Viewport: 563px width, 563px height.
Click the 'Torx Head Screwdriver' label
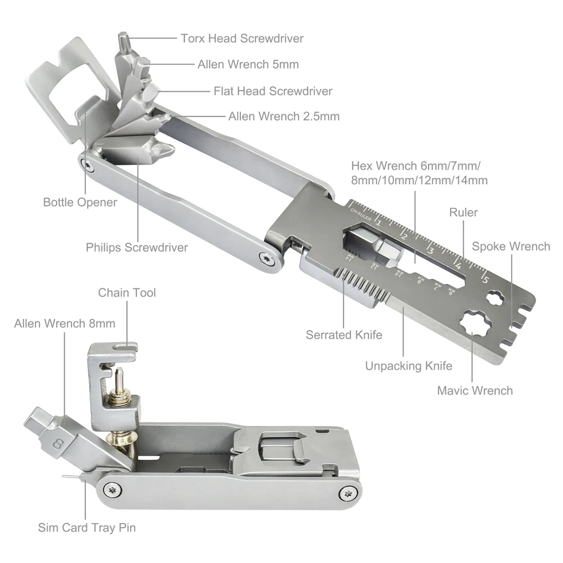coord(242,38)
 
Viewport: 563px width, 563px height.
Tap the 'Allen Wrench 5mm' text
coord(248,64)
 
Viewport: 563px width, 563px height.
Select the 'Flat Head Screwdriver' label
coord(273,91)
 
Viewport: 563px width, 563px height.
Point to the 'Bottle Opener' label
coord(80,203)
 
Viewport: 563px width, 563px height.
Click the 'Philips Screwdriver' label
coord(137,247)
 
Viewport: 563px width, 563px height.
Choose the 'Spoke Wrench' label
coord(511,247)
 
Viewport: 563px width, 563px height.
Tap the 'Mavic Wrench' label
coord(475,391)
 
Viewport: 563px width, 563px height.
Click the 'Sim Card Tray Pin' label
coord(87,528)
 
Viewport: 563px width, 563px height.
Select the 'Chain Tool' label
coord(127,293)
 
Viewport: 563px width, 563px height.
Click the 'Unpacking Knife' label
coord(409,366)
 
